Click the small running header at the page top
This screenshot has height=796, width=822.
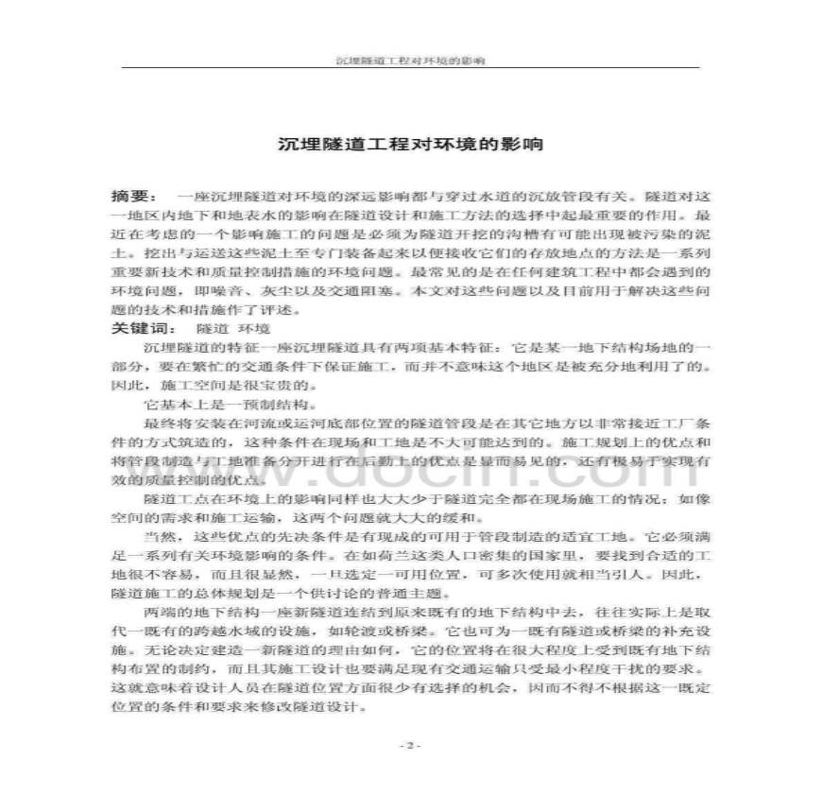[410, 60]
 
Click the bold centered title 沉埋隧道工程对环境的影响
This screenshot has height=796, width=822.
[410, 145]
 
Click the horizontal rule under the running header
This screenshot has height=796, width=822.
[410, 67]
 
